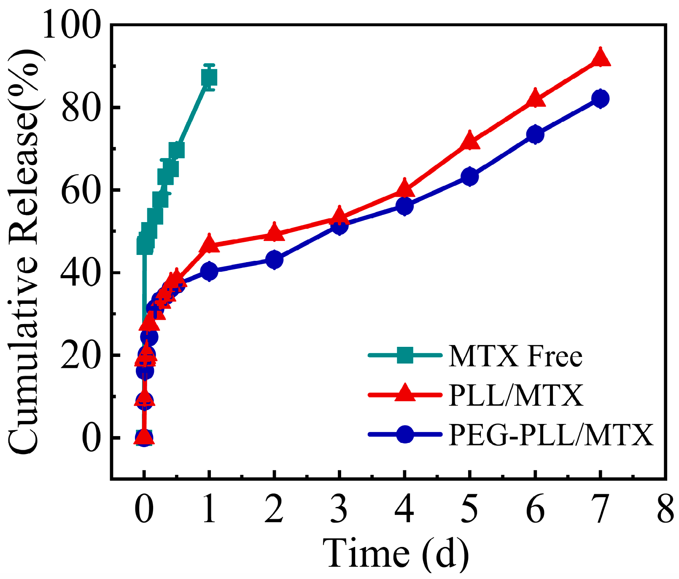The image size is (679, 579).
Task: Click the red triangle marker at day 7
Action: click(600, 59)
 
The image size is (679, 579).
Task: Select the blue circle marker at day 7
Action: click(600, 99)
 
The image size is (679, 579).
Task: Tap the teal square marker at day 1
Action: click(209, 78)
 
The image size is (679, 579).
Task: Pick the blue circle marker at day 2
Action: click(274, 260)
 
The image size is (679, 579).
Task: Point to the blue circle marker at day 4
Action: click(404, 206)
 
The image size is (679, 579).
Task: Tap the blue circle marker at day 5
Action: click(470, 177)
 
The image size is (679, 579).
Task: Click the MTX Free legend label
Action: click(515, 357)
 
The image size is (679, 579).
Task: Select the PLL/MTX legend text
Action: click(516, 395)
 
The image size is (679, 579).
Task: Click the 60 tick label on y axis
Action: click(80, 190)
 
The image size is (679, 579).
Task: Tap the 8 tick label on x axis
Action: click(666, 509)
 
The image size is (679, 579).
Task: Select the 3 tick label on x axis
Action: click(339, 509)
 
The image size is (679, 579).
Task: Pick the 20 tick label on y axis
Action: click(80, 356)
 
